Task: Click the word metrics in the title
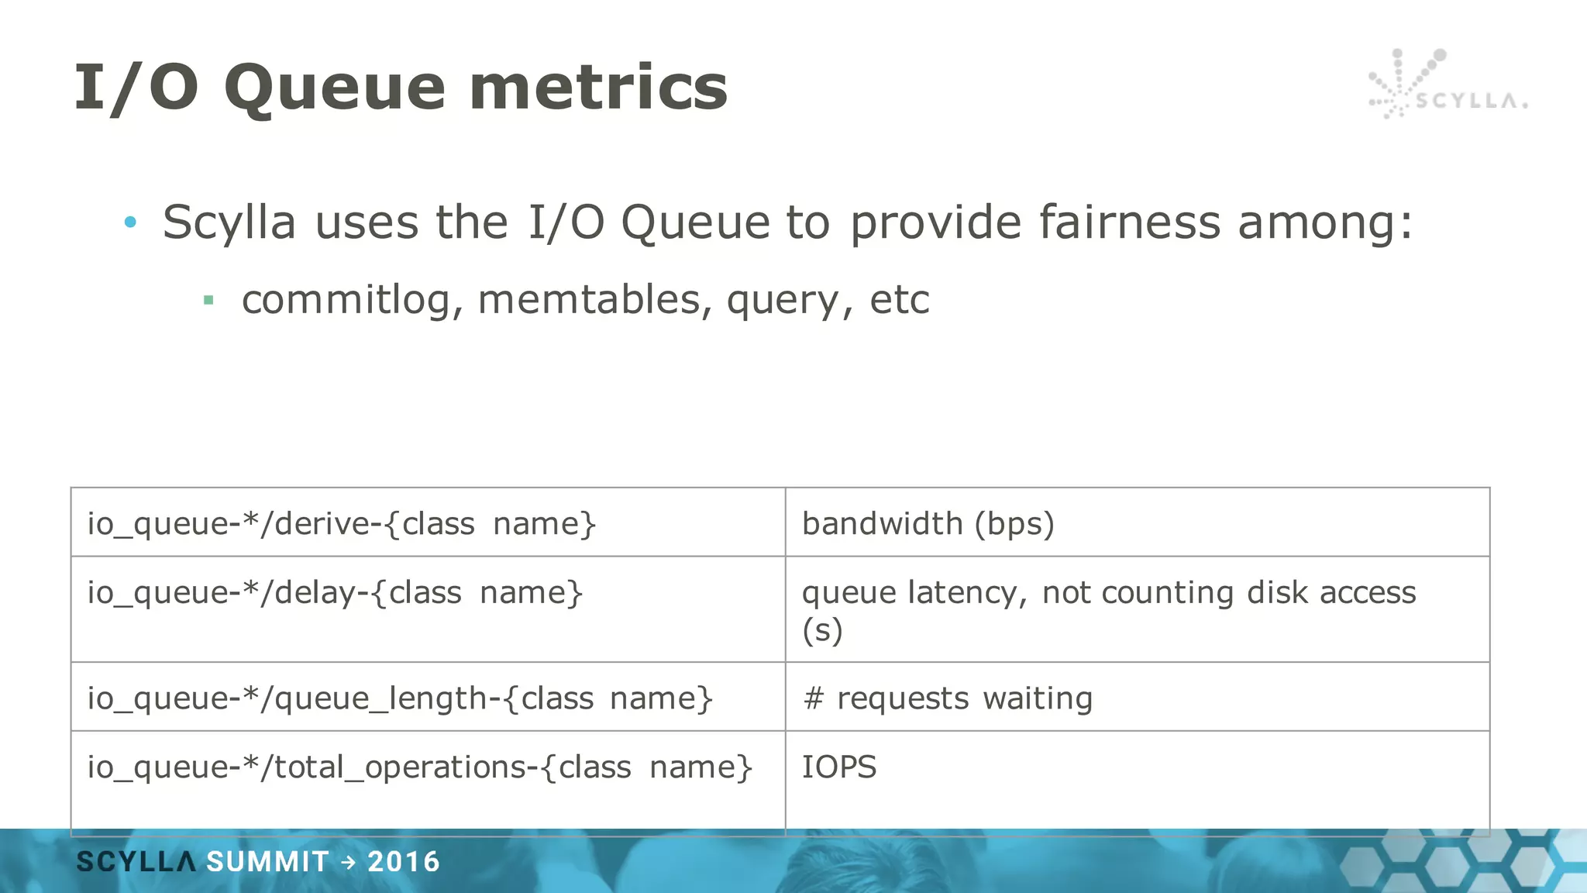pyautogui.click(x=597, y=88)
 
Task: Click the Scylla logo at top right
pyautogui.click(x=1446, y=86)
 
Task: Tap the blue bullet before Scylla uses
pyautogui.click(x=130, y=223)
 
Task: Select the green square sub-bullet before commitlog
pyautogui.click(x=208, y=300)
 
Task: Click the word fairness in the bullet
pyautogui.click(x=1130, y=222)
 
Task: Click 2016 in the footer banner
pyautogui.click(x=404, y=862)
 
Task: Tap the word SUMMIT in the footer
pyautogui.click(x=267, y=862)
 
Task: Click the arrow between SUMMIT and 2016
pyautogui.click(x=348, y=862)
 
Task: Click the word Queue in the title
pyautogui.click(x=334, y=88)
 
